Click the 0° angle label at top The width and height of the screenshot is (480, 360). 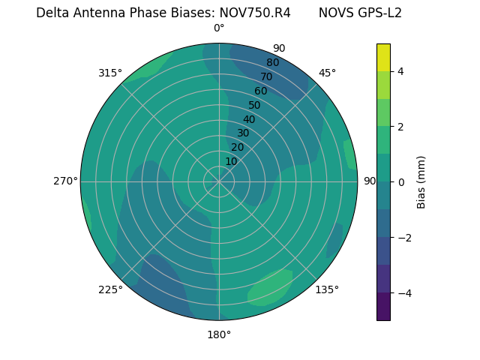click(219, 28)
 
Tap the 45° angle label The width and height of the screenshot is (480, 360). click(327, 73)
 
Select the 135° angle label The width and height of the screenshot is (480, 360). click(327, 289)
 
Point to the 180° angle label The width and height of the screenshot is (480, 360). click(219, 334)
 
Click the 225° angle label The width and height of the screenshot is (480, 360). click(110, 289)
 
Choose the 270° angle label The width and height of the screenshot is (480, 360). click(65, 181)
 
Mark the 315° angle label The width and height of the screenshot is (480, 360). click(110, 73)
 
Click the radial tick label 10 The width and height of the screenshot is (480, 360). click(231, 161)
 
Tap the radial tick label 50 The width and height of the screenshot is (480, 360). click(254, 105)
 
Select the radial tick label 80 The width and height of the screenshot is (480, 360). click(272, 62)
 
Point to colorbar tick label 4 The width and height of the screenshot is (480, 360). click(400, 71)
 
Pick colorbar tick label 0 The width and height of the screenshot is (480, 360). click(400, 182)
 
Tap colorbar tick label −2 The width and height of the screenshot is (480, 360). click(403, 238)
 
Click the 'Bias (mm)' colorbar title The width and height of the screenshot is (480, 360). click(421, 182)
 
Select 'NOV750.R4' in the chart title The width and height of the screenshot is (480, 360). click(255, 13)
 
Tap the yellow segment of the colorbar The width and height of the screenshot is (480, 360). click(383, 57)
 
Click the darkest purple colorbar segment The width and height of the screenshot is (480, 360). click(383, 307)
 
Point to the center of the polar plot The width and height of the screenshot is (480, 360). click(219, 181)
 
